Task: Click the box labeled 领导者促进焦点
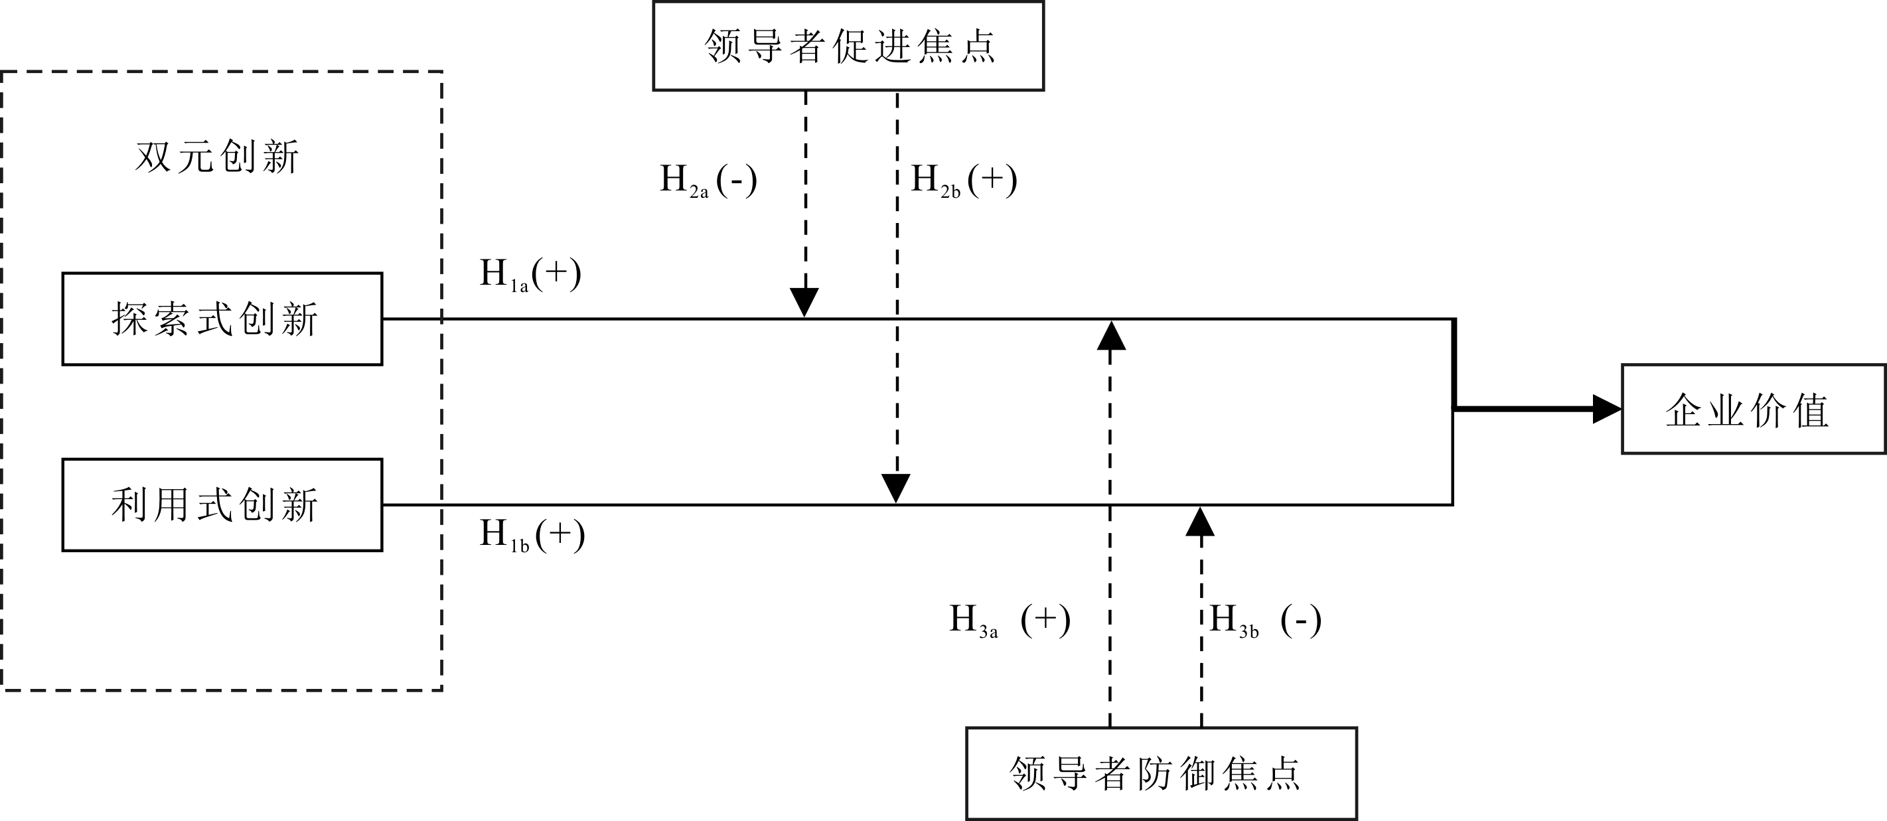[848, 46]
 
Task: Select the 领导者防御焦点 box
[1161, 773]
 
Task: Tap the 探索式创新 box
[222, 319]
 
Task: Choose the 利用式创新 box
[222, 504]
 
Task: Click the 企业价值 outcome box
[1753, 410]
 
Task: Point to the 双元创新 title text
[217, 157]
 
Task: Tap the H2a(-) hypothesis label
[708, 180]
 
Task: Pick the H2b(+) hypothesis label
[964, 180]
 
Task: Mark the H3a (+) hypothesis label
[1010, 621]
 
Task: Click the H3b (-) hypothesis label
[1265, 621]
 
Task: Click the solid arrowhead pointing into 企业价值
[1607, 410]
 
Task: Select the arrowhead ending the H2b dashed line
[896, 488]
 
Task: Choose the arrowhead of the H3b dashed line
[1200, 522]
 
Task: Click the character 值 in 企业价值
[1811, 410]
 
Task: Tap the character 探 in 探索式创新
[129, 319]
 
